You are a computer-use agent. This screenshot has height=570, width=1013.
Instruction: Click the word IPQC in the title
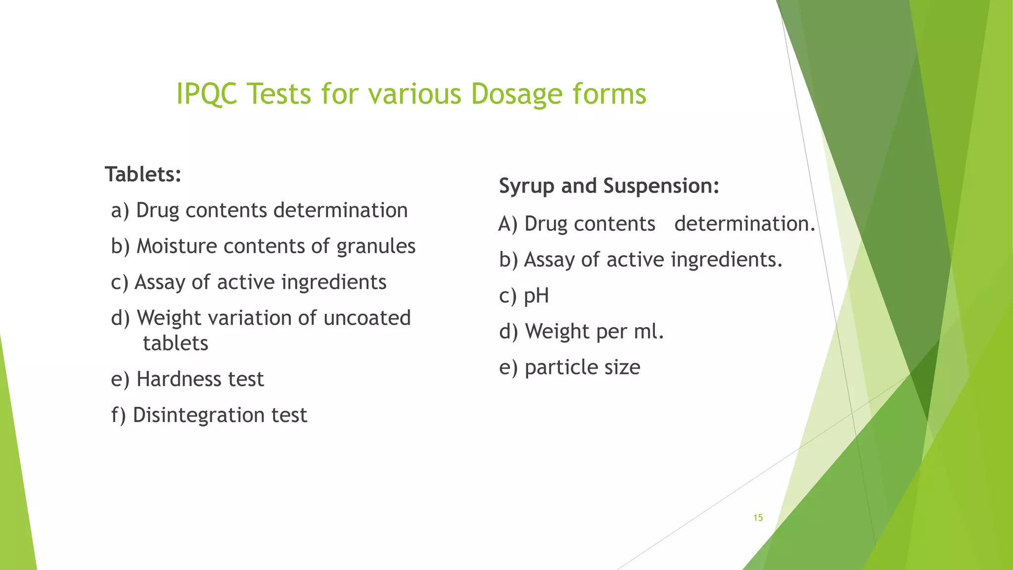[x=207, y=94]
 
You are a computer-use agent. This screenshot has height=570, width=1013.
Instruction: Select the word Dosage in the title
[x=516, y=94]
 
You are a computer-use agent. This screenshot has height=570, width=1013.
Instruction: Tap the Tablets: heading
[x=143, y=174]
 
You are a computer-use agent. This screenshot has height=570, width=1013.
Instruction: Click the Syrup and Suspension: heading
[x=609, y=186]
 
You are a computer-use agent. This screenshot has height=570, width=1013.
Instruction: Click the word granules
[x=376, y=246]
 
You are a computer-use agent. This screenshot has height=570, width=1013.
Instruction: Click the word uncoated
[x=367, y=318]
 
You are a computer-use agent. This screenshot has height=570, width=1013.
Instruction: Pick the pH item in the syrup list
[x=536, y=296]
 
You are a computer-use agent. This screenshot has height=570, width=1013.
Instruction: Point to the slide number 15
[x=758, y=518]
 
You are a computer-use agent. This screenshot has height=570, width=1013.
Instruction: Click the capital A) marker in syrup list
[x=508, y=224]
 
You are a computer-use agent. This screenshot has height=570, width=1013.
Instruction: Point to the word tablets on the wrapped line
[x=176, y=343]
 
